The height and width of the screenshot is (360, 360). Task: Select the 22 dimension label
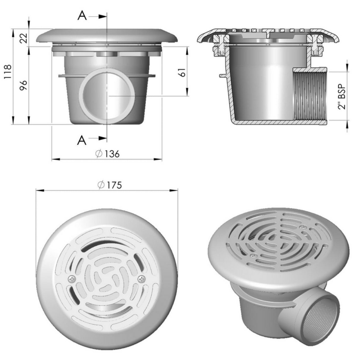(x=24, y=38)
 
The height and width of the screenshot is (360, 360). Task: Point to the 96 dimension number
(x=24, y=86)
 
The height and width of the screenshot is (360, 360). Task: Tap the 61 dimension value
(x=182, y=72)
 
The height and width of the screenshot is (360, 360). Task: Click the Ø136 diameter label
(x=107, y=154)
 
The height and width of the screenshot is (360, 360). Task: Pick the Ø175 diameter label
(x=110, y=185)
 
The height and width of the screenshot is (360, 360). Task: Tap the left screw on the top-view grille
(x=72, y=279)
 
